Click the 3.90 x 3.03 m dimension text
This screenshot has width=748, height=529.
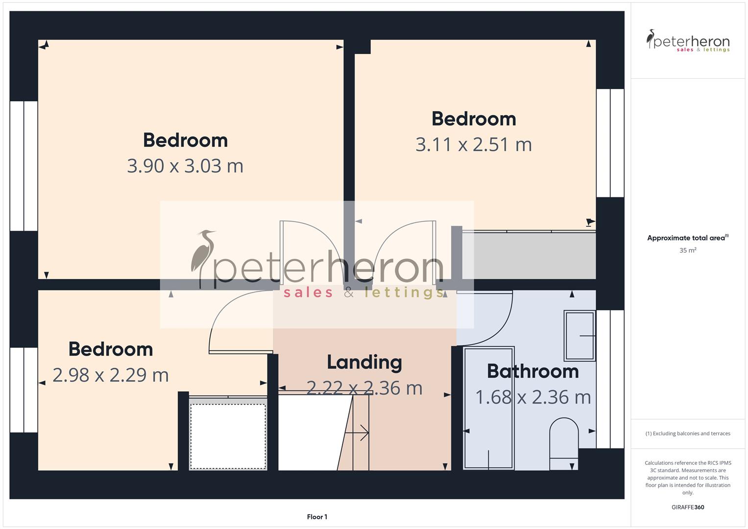pos(185,166)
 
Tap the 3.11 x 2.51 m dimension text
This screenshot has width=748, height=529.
pos(473,144)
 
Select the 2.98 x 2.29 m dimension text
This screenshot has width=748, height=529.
pos(111,375)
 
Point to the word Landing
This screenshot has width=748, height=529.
pos(364,362)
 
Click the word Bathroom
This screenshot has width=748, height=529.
pos(533,371)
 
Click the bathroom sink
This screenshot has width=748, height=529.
pos(579,336)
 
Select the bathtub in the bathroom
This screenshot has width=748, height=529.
pos(488,408)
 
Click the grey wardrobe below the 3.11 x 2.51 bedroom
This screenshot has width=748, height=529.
pos(529,255)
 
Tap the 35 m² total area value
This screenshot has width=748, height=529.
pos(688,250)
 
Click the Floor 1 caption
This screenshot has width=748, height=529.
pos(317,517)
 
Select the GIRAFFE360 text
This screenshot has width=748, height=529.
pos(688,507)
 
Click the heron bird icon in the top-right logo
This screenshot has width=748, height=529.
pos(651,39)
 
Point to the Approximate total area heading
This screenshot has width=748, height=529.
pos(687,238)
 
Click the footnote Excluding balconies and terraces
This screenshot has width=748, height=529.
pos(688,433)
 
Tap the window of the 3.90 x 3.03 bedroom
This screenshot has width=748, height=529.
pos(24,166)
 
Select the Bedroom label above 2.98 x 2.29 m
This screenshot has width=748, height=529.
pos(111,350)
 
